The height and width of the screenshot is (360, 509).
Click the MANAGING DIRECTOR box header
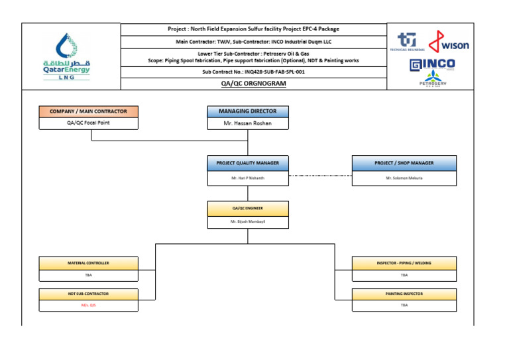tap(247, 111)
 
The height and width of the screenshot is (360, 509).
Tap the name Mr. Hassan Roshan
tap(247, 123)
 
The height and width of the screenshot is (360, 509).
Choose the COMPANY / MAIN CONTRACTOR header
tap(88, 111)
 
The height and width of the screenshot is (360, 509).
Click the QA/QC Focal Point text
tap(88, 123)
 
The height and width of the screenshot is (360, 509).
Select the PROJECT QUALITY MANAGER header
tap(247, 162)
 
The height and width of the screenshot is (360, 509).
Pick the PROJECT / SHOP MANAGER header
tap(404, 162)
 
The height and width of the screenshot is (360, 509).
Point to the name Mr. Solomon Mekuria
tap(404, 178)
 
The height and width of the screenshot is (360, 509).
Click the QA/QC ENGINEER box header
tap(247, 208)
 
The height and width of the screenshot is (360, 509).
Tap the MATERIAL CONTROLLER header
tap(88, 263)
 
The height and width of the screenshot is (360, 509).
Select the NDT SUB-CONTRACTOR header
tap(88, 294)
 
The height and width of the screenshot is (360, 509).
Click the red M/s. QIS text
tap(88, 306)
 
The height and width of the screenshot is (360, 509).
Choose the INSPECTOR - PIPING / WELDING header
tap(404, 263)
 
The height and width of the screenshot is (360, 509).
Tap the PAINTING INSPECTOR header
tap(404, 294)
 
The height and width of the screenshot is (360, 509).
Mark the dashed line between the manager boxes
tap(320, 176)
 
